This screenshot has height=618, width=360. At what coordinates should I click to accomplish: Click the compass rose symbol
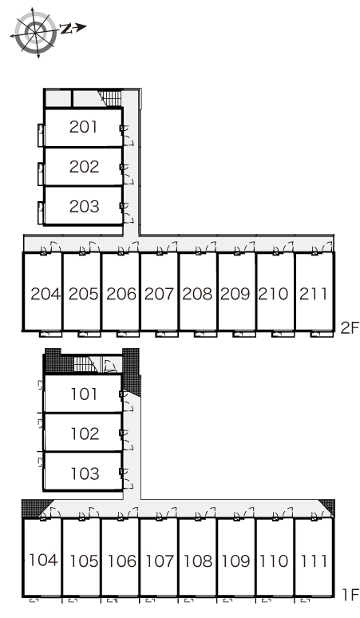[35, 32]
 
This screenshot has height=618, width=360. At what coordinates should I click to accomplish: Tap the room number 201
[83, 127]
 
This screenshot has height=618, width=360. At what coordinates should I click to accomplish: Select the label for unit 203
[84, 206]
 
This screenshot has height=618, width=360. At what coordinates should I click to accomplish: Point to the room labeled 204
[45, 294]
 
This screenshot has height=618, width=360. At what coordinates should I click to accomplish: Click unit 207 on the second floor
[159, 294]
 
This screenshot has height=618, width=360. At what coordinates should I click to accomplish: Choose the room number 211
[313, 294]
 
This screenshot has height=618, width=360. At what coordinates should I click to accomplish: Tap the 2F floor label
[350, 328]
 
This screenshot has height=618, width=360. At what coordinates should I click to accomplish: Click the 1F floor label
[350, 594]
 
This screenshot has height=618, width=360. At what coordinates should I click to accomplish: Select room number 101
[84, 394]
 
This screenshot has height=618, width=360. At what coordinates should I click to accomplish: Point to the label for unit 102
[85, 434]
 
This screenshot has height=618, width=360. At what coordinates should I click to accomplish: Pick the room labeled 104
[44, 560]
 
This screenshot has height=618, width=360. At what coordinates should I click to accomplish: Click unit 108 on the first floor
[198, 561]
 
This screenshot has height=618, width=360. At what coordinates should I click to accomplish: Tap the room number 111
[314, 561]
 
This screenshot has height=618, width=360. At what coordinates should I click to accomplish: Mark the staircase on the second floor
[110, 98]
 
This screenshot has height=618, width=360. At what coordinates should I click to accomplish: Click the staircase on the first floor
[85, 364]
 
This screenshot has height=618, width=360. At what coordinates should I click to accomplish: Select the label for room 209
[235, 294]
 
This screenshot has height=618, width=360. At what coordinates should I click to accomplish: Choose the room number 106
[122, 561]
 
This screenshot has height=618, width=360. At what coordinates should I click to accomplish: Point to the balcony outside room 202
[41, 173]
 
